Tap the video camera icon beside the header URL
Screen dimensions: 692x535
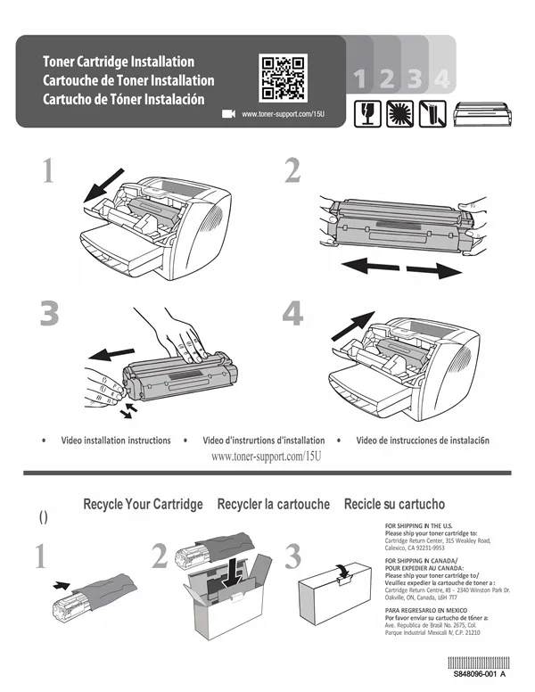click(227, 114)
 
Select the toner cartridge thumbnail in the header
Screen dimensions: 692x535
click(484, 113)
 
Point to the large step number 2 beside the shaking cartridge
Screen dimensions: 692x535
click(292, 171)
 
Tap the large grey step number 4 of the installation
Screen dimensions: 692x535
click(292, 314)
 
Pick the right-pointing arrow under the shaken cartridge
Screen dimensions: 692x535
click(432, 268)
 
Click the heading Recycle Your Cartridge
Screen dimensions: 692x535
click(143, 505)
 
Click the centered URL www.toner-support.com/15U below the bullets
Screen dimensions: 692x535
click(265, 457)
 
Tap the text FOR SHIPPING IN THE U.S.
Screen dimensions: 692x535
click(418, 525)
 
